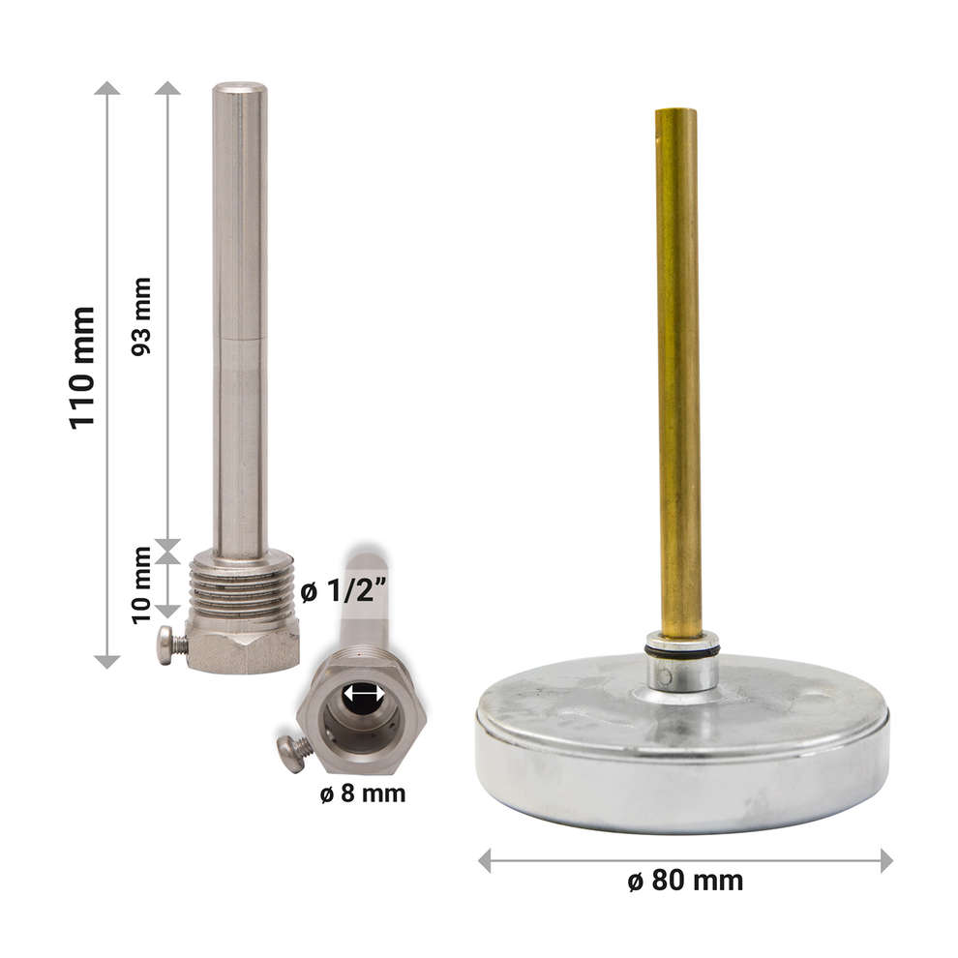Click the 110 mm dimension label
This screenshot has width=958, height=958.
coord(82,369)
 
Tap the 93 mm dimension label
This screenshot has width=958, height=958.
coord(141,316)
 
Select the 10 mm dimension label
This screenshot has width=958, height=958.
coord(141,585)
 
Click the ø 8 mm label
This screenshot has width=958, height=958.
coord(363,793)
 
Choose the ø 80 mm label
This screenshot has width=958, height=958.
coord(685,881)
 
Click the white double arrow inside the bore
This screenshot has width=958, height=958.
coord(364,695)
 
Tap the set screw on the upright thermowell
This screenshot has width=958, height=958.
coord(171,644)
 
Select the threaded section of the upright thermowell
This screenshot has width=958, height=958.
coord(243,587)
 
